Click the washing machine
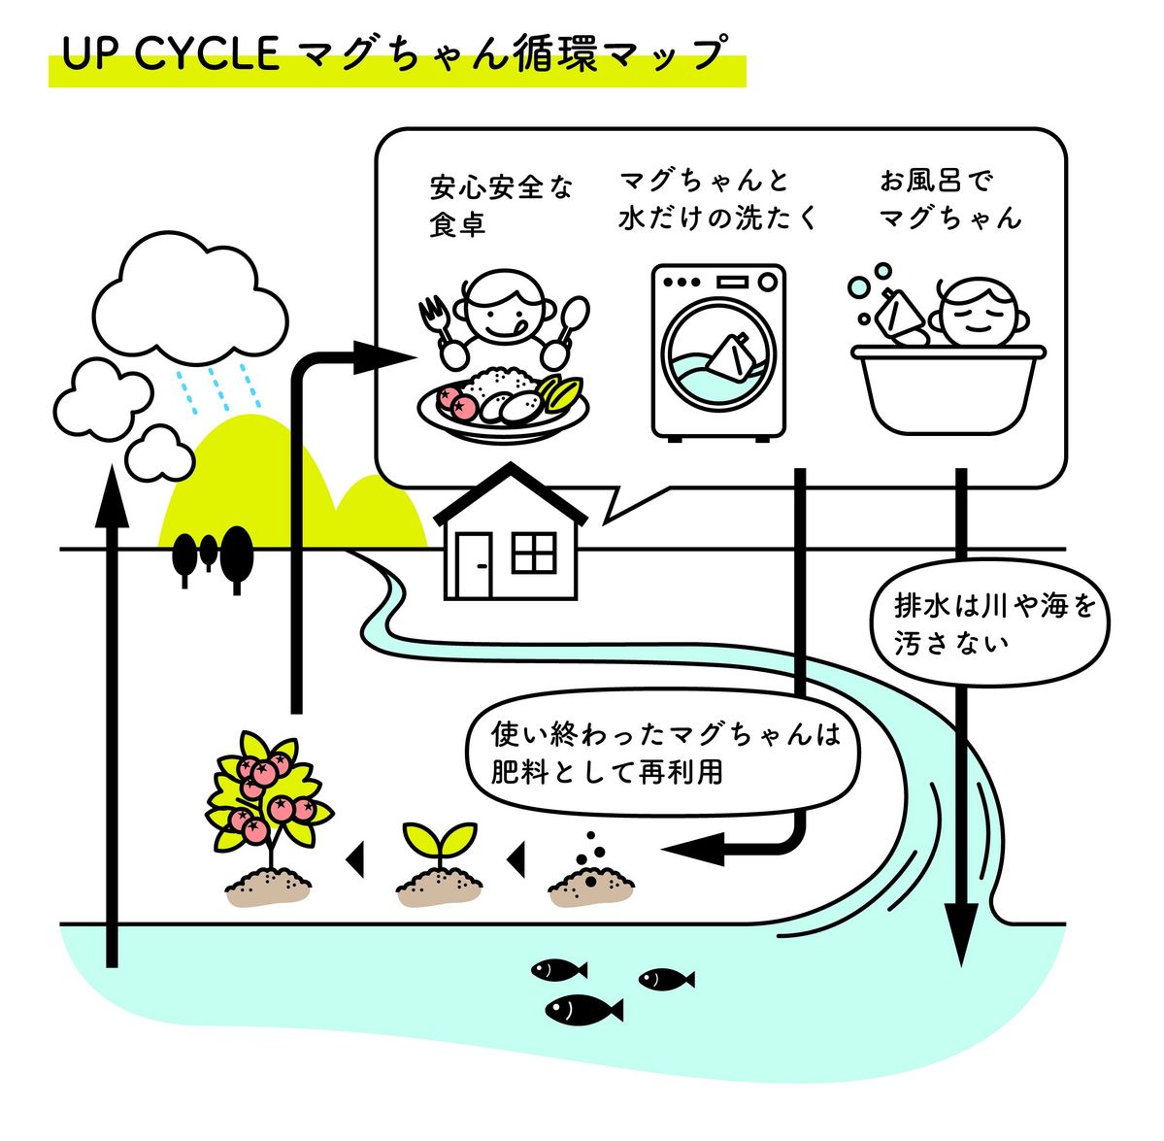(717, 352)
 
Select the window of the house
(534, 553)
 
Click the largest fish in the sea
(582, 1009)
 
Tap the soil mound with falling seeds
(590, 879)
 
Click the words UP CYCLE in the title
(171, 54)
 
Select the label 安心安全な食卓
(500, 205)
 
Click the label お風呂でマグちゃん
(949, 199)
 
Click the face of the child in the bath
(977, 313)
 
